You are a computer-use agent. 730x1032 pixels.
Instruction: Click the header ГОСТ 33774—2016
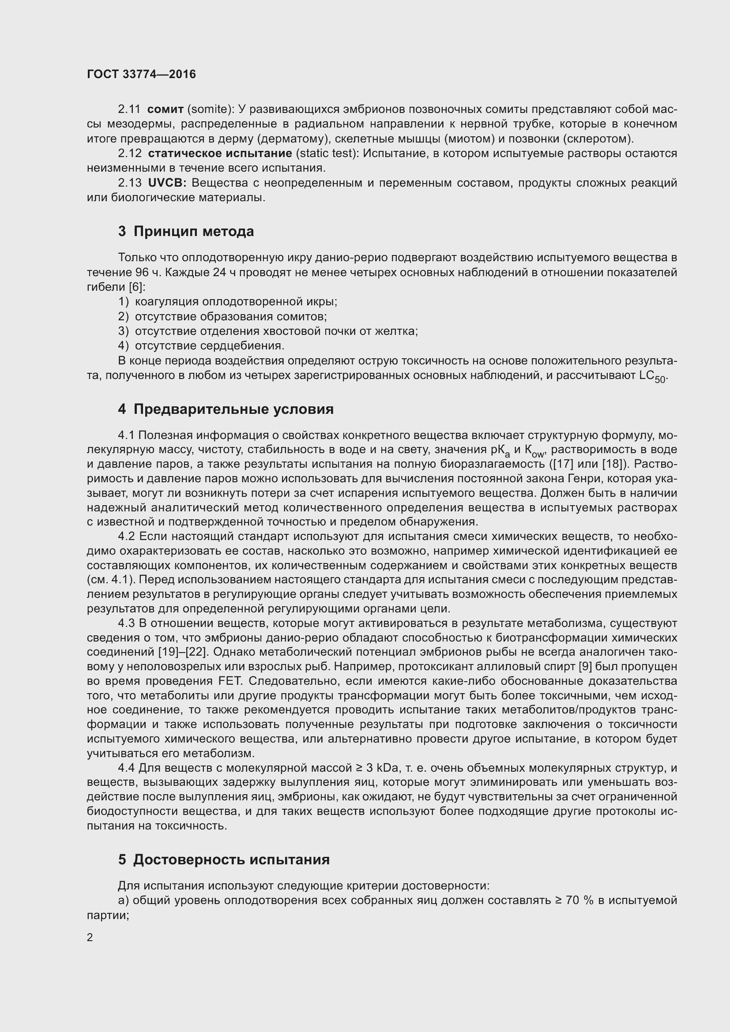(141, 74)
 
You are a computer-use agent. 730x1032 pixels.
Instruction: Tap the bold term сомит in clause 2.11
(166, 109)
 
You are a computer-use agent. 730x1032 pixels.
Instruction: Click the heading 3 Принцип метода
(186, 232)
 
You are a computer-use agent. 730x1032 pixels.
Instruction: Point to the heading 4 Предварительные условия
(226, 409)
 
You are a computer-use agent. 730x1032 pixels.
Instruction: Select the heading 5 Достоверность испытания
(224, 859)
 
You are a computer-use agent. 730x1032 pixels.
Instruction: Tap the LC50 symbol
(653, 376)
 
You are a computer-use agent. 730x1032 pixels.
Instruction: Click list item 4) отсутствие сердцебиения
(201, 345)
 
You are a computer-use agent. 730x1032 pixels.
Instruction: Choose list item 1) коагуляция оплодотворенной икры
(227, 302)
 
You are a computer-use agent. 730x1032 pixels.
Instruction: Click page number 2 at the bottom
(90, 938)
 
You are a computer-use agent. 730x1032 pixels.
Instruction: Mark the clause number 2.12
(130, 153)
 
